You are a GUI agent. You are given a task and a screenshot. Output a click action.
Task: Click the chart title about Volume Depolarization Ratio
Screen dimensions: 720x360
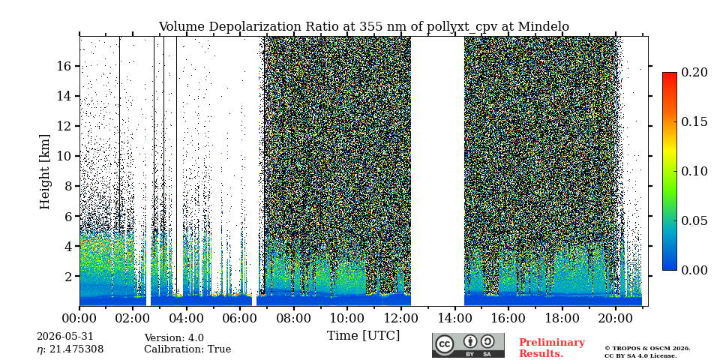point(364,27)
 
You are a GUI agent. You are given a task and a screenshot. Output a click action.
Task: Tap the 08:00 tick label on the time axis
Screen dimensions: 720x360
point(293,318)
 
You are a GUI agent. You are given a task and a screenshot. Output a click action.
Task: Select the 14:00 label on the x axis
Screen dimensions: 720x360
point(454,318)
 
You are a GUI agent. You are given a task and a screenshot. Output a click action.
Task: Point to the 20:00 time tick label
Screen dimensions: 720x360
point(615,318)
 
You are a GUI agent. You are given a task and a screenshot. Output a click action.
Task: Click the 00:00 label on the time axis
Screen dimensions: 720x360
point(79,318)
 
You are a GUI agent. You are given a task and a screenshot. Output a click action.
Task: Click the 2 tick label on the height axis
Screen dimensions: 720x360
point(68,277)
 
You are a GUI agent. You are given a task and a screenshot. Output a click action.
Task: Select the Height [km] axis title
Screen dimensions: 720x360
point(44,172)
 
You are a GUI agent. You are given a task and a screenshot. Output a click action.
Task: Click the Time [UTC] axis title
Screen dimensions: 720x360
point(363,335)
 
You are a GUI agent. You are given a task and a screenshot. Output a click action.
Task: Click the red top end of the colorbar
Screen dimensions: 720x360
point(670,74)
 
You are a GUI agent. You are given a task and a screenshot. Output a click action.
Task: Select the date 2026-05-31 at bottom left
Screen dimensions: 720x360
point(64,337)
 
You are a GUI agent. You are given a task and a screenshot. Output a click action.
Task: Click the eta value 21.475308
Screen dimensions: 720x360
point(70,349)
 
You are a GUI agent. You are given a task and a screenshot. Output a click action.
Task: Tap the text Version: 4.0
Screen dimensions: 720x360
point(174,338)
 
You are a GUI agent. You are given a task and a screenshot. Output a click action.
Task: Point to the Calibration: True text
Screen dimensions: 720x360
point(187,349)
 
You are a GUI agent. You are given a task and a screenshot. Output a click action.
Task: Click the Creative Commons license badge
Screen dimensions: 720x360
point(468,345)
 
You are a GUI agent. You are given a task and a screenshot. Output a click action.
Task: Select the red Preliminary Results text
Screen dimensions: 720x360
point(552,348)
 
